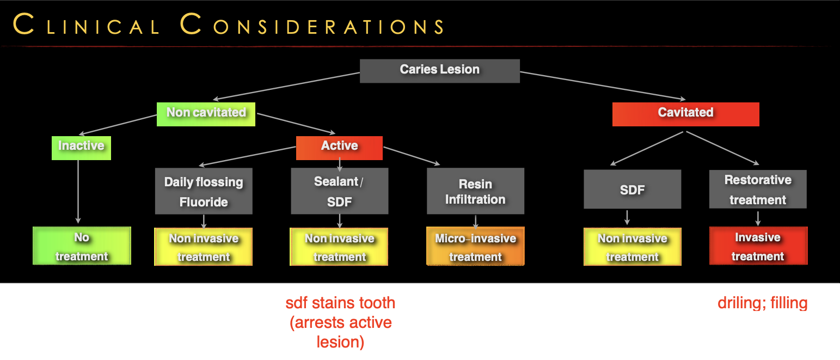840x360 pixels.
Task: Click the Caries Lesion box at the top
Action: (439, 70)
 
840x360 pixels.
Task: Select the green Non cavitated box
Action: (206, 113)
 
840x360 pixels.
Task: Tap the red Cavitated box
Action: (685, 113)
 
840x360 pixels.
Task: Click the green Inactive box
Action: (81, 147)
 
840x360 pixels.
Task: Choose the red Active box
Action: (339, 147)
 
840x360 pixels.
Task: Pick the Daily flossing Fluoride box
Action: (204, 192)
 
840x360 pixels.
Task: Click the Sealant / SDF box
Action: (339, 191)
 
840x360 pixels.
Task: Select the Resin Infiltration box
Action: (475, 192)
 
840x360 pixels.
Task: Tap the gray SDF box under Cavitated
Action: (632, 190)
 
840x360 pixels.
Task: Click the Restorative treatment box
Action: (758, 190)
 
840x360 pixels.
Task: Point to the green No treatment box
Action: (82, 246)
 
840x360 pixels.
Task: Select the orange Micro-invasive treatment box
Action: (475, 247)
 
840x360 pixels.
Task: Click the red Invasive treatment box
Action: (758, 246)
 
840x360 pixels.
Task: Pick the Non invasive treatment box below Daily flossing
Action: (204, 247)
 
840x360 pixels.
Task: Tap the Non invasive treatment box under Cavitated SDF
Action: (632, 247)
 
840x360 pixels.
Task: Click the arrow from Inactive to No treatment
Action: (78, 191)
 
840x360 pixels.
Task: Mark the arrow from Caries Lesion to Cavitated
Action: (602, 86)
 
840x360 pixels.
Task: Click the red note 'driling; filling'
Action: (762, 303)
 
